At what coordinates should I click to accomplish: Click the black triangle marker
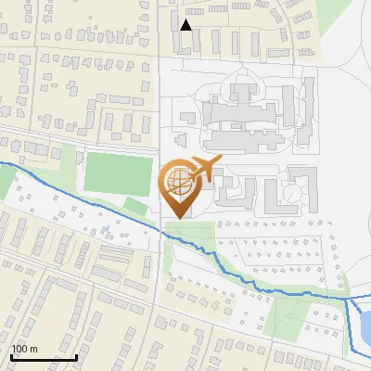(x=186, y=25)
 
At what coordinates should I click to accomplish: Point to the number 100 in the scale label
(x=19, y=349)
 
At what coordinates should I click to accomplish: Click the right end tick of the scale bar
(x=76, y=355)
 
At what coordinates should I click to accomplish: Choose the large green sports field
(x=118, y=173)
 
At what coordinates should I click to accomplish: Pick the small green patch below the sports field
(x=136, y=206)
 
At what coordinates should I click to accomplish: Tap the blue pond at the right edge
(x=365, y=326)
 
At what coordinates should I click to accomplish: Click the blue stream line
(x=93, y=198)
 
